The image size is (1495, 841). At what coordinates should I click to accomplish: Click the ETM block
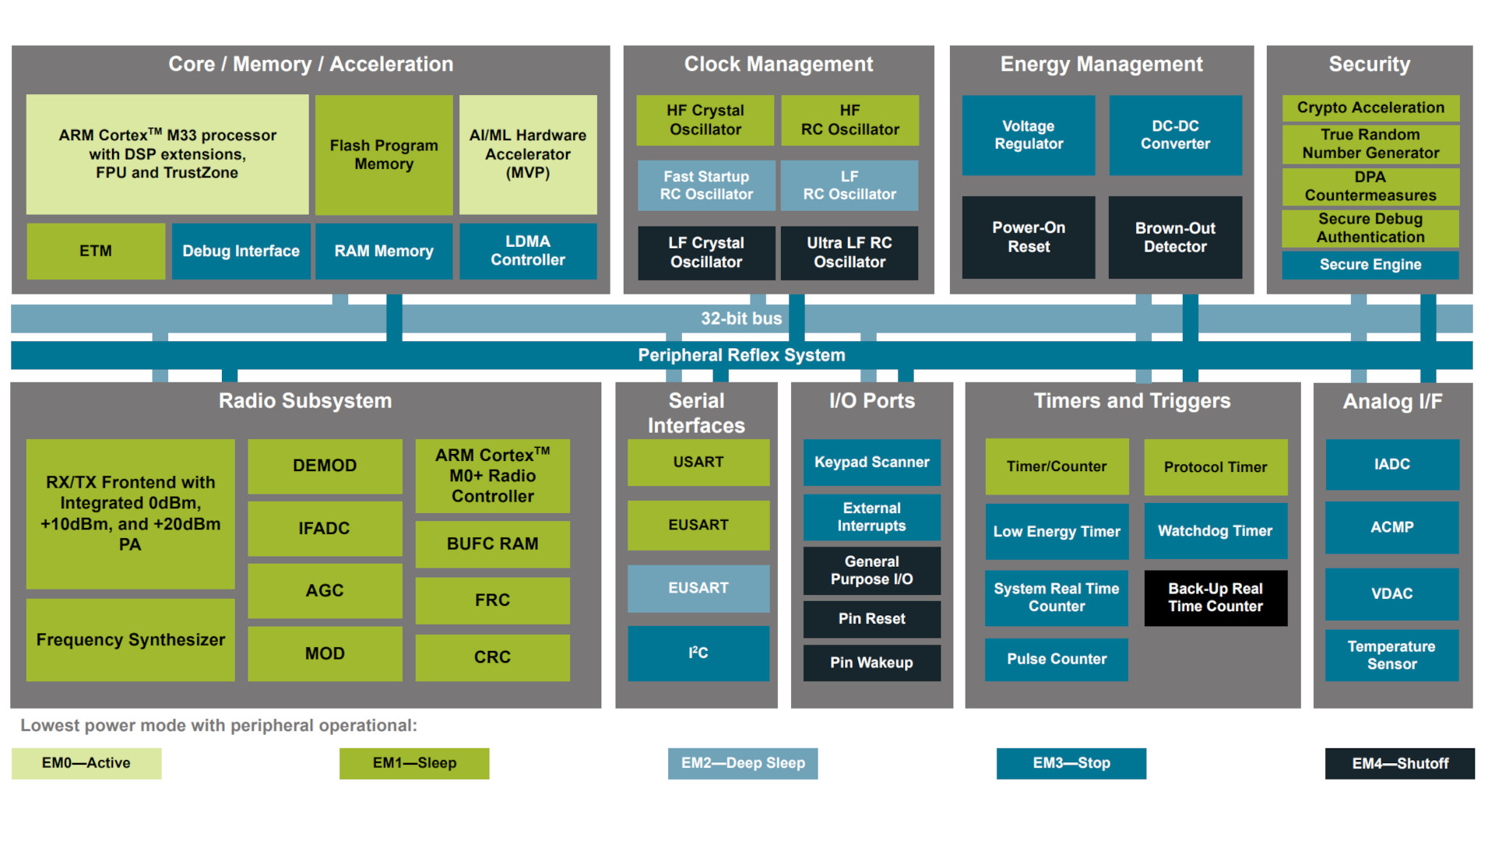(96, 251)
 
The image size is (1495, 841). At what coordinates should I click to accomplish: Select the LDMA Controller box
(528, 251)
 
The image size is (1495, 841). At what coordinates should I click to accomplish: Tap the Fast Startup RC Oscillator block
(706, 185)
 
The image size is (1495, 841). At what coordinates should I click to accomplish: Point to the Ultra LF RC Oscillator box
(850, 252)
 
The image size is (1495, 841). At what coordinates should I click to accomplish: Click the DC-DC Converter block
(1175, 135)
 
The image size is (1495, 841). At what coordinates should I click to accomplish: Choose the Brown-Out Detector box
(1175, 238)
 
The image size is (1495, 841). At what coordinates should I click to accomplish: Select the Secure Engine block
(1370, 265)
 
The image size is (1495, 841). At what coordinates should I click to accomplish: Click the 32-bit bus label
(740, 318)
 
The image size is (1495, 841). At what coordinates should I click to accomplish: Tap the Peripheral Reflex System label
(740, 355)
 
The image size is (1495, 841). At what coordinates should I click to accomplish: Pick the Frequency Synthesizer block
(131, 640)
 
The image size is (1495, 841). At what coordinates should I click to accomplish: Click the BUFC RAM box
(492, 544)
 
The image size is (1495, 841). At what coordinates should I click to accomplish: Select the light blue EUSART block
(698, 588)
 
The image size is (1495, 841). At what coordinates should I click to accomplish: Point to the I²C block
(698, 653)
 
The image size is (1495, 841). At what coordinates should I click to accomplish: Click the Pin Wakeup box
(871, 663)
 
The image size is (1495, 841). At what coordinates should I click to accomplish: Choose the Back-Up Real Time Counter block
(1215, 598)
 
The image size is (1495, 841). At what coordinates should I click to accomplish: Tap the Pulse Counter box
(1057, 659)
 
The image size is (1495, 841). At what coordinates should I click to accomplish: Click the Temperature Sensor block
(1391, 655)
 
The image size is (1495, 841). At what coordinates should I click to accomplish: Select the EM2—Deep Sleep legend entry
(743, 763)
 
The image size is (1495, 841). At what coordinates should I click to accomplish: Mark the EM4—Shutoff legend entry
(1399, 764)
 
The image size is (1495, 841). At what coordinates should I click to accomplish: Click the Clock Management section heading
(778, 65)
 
